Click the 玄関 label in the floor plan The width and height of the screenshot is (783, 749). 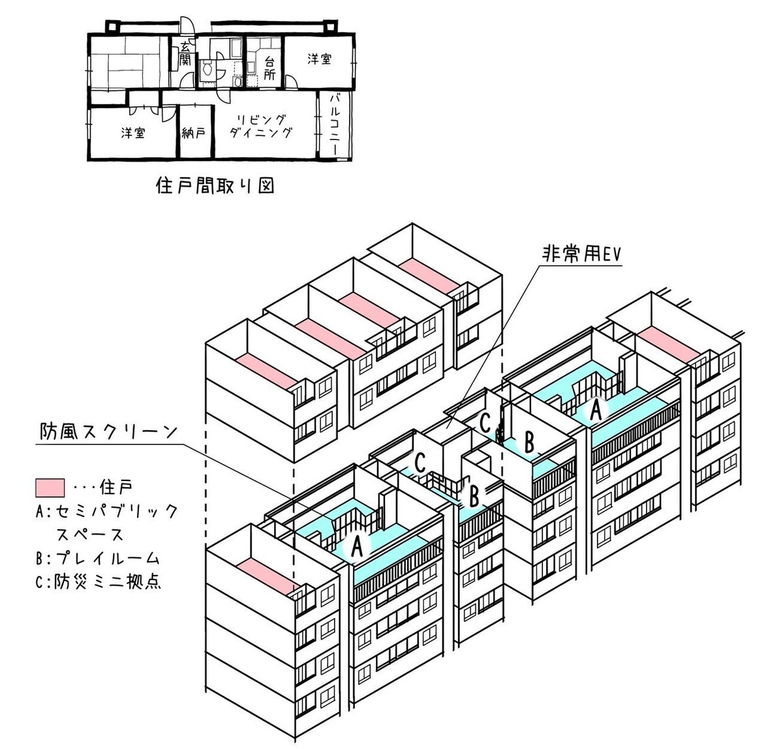tap(185, 54)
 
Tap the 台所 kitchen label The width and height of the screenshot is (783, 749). tap(269, 68)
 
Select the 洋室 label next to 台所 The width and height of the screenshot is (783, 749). tap(320, 59)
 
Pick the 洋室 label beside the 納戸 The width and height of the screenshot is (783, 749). tap(132, 133)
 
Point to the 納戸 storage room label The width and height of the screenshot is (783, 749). tap(194, 133)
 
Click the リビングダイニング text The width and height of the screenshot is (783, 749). tap(261, 126)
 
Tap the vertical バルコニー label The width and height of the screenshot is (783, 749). tap(333, 125)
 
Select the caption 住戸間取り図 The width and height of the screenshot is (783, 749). tap(215, 186)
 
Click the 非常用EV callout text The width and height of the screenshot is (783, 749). tap(582, 254)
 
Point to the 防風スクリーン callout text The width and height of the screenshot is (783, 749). tap(108, 432)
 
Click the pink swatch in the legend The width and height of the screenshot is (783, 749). tap(50, 488)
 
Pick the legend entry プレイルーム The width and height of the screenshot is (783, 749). tap(108, 559)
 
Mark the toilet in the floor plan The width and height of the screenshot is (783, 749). tap(207, 69)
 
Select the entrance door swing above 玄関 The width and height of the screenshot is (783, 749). tap(186, 24)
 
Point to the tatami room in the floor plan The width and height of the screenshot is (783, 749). tap(129, 63)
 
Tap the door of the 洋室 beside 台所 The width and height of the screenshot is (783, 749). tap(291, 82)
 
